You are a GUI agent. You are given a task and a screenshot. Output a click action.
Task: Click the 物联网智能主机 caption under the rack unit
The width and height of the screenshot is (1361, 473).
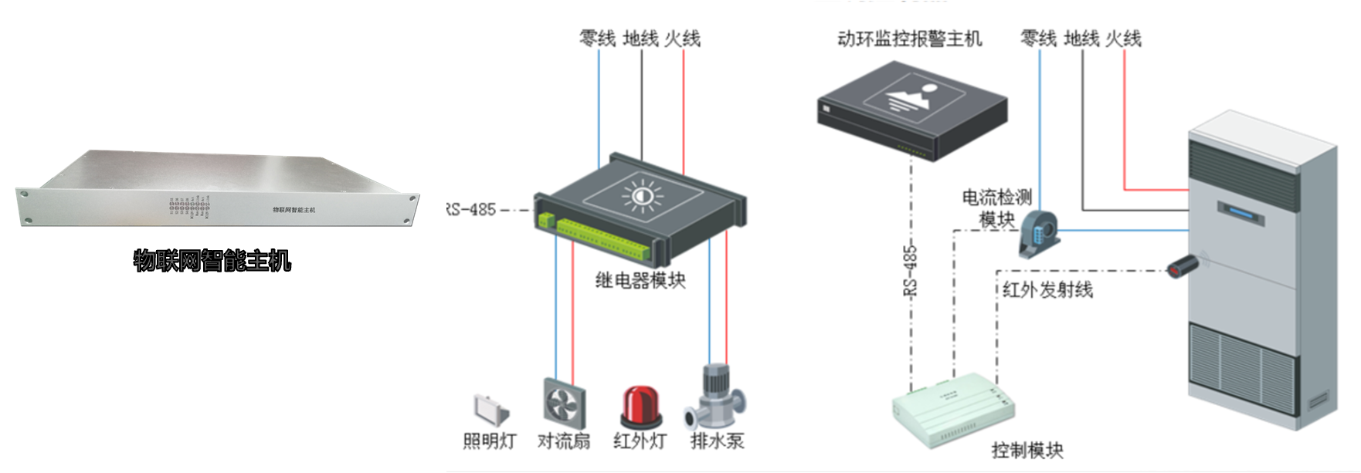pos(212,261)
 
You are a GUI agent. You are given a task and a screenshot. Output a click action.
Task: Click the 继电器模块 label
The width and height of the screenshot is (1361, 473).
pos(640,280)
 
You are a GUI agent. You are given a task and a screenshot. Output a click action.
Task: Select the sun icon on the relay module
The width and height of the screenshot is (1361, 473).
pos(642,196)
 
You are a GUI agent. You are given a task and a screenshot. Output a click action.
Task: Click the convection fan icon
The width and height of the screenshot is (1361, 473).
pos(564,404)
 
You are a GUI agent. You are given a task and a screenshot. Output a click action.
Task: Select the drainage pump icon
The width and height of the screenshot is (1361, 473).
pos(715,397)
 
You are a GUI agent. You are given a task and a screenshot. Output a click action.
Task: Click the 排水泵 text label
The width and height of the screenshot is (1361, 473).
pos(717,441)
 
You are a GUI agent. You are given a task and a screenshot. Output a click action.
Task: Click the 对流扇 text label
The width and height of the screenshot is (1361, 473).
pos(564,441)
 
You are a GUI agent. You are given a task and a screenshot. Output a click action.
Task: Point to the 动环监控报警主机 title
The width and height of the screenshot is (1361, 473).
pos(909,39)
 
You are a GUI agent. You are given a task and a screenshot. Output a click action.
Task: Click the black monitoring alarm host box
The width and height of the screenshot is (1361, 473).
pos(911,112)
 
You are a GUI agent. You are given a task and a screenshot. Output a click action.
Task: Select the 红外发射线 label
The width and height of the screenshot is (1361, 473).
pos(1047,290)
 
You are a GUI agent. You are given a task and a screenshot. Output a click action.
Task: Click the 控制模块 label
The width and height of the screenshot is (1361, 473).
pos(1027,450)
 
